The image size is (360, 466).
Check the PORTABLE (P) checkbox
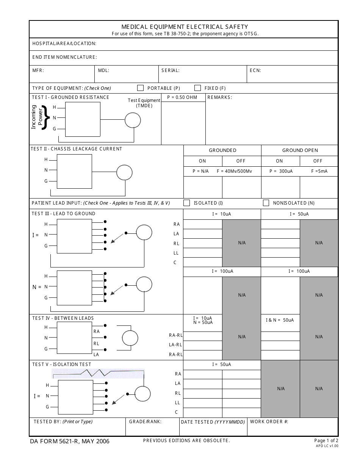coord(140,88)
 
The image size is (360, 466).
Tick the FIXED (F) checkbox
coord(197,88)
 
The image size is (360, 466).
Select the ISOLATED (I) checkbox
coord(186,203)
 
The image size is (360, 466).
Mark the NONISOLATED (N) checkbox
coord(266,203)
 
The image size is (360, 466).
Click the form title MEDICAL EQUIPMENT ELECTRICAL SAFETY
coord(185,27)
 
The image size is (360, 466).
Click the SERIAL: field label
coord(170,70)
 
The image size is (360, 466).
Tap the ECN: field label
coord(255,70)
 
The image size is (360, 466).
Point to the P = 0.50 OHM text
coord(182,97)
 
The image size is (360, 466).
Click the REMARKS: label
coord(219,97)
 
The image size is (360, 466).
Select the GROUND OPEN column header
coord(300,150)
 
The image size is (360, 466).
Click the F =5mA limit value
coord(319,171)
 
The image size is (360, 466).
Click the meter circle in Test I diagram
coord(133,120)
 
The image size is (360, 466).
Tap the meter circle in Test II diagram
coord(124,173)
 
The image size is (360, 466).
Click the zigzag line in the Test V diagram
coord(98,374)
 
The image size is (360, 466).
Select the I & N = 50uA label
coord(280,320)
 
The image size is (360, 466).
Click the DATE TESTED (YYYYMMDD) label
coord(213,422)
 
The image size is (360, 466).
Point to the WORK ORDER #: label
coord(269,421)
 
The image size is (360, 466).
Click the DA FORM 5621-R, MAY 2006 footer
coord(70,441)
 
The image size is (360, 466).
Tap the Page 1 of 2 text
coord(326,440)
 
